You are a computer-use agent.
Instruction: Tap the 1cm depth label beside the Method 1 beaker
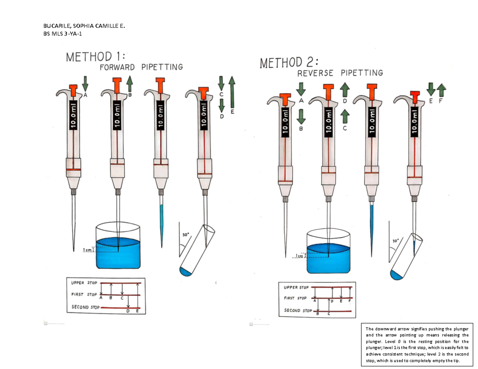tap(87, 250)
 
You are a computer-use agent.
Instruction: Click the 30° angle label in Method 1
tap(185, 235)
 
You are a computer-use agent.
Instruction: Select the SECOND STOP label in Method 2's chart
tap(298, 310)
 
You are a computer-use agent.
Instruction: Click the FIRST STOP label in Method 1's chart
tap(84, 295)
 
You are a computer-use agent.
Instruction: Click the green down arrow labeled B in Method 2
tap(301, 117)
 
